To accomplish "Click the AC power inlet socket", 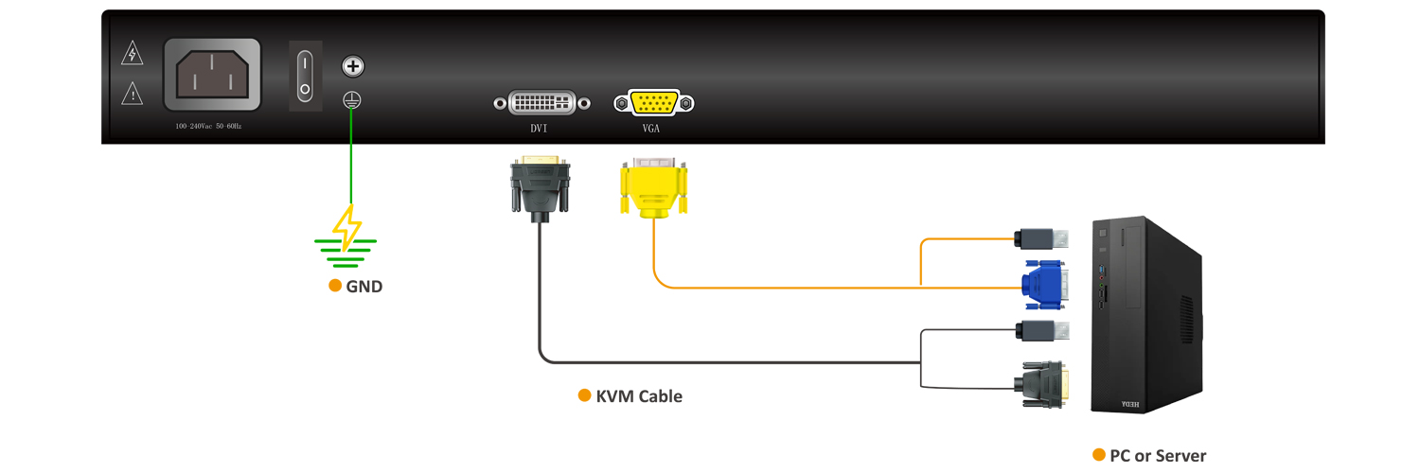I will (212, 75).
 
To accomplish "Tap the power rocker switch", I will (305, 77).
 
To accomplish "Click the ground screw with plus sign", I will (352, 66).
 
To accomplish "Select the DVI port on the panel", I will (541, 102).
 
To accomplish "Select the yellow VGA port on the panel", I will (653, 103).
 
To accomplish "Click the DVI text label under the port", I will (540, 127).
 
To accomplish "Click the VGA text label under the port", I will (651, 127).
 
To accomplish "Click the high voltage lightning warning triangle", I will (133, 54).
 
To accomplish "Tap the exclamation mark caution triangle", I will (133, 93).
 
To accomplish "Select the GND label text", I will (364, 287).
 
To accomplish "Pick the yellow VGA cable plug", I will (653, 188).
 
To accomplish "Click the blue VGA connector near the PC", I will (1045, 285).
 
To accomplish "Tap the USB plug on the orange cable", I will (1041, 239).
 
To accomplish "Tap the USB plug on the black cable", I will (1041, 331).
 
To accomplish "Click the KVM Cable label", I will (638, 396).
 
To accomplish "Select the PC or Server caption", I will (1157, 456).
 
